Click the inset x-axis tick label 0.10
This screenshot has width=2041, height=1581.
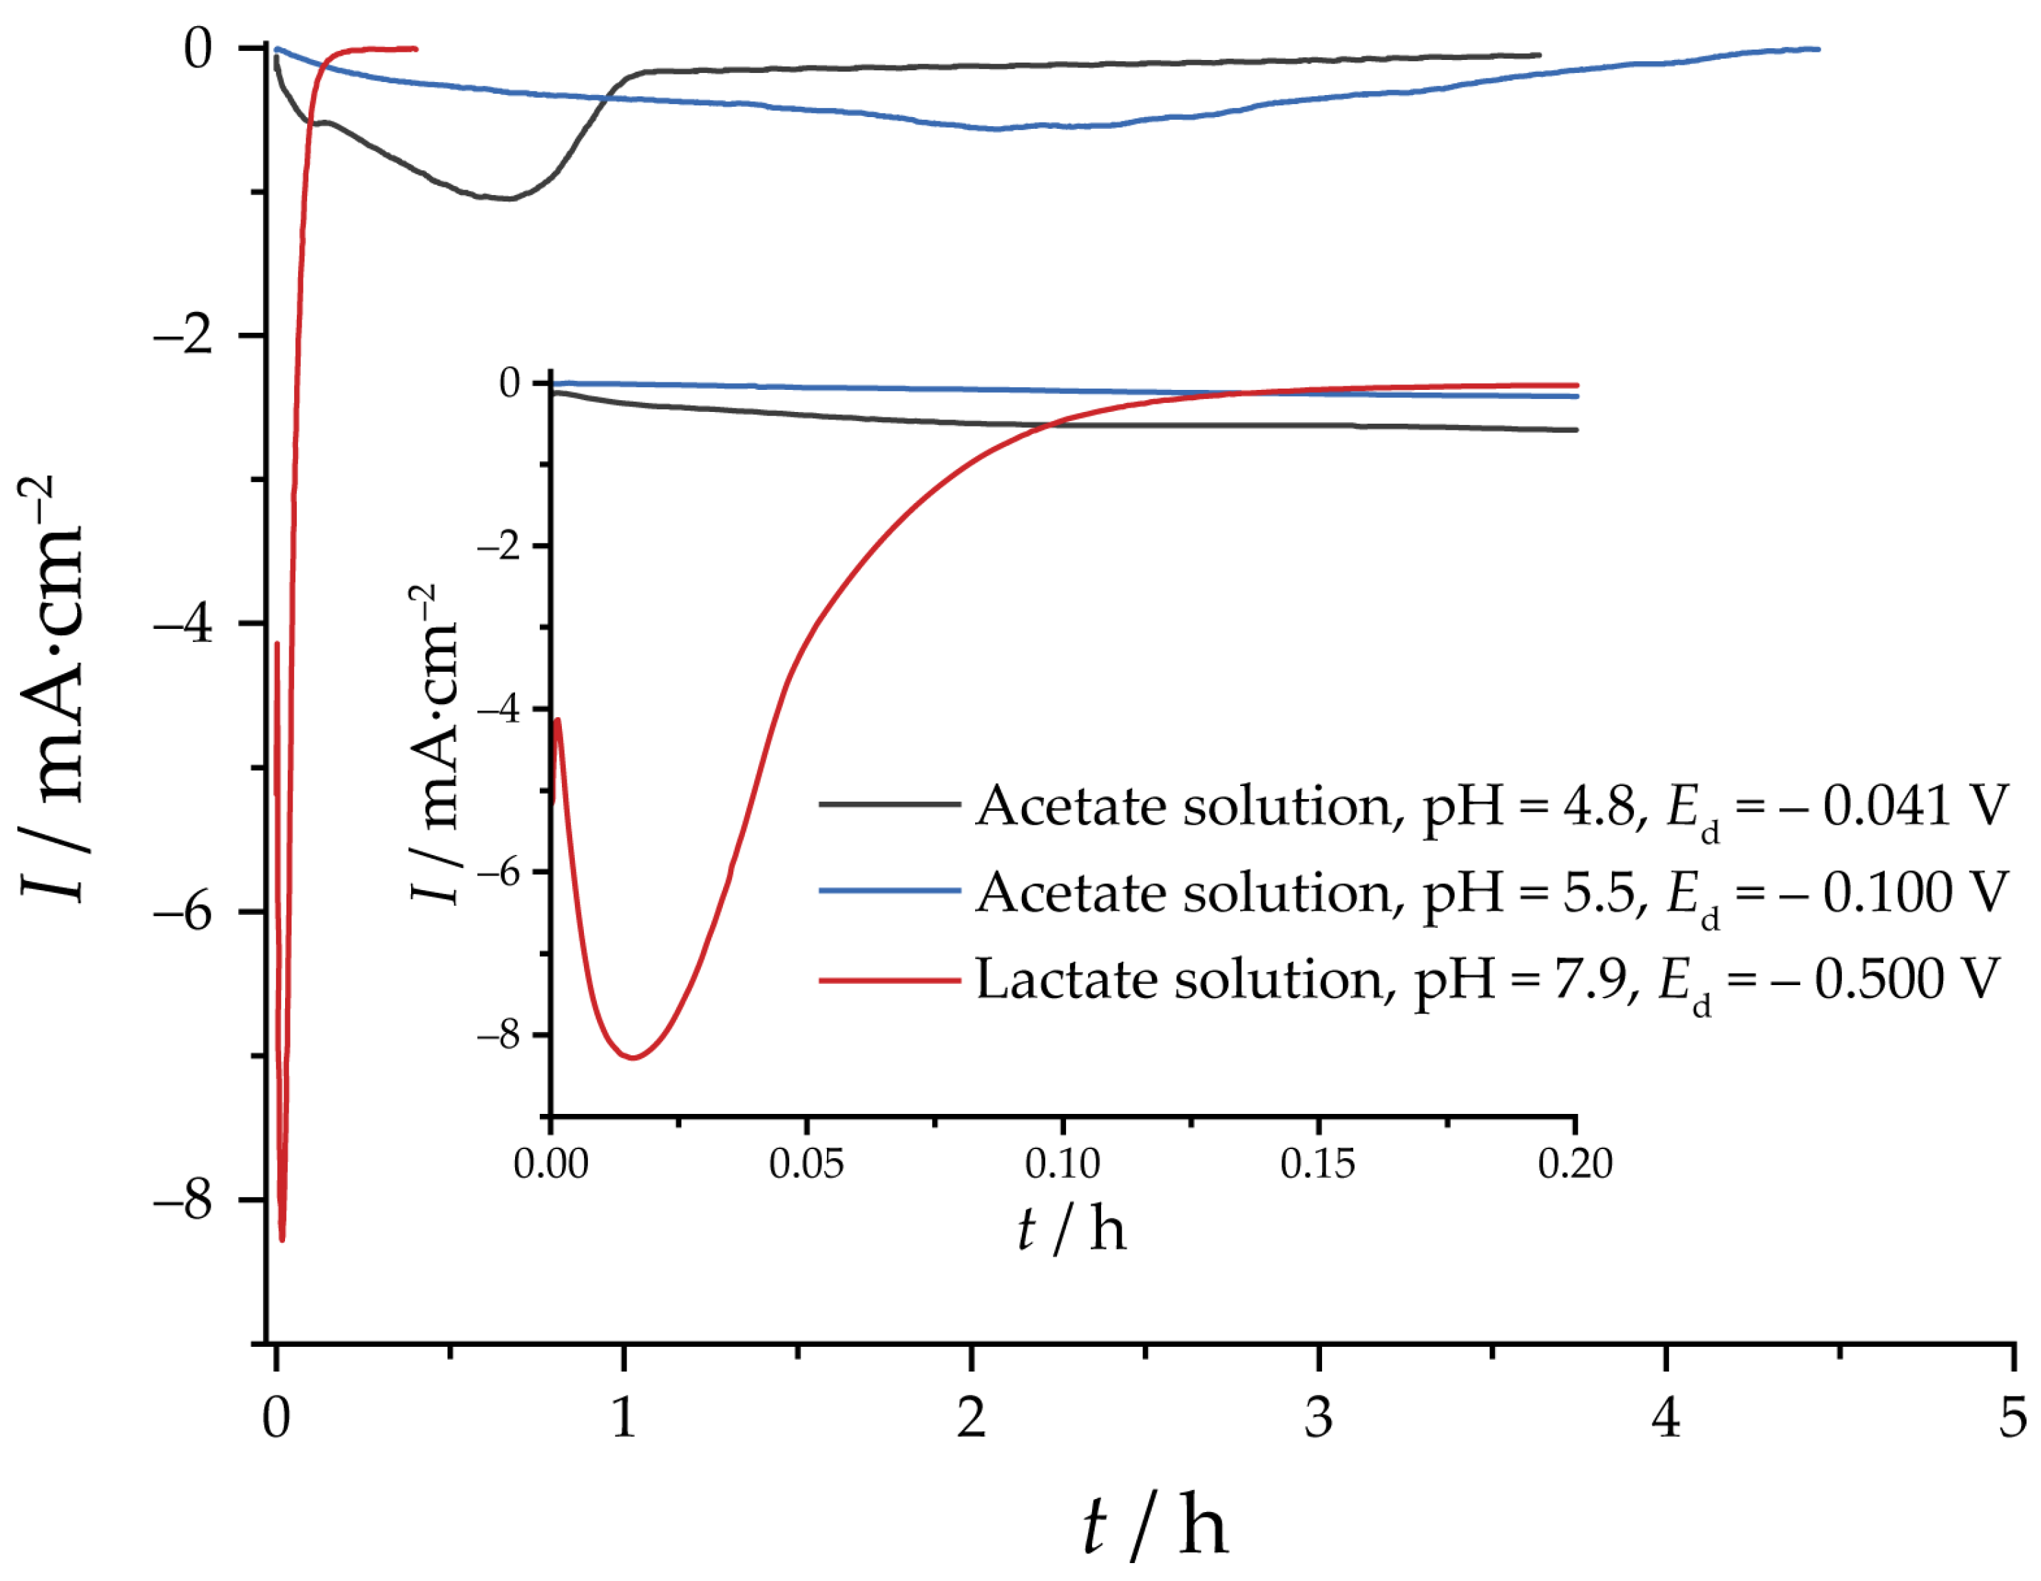tap(1063, 1164)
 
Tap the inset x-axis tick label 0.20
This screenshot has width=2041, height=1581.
tap(1576, 1164)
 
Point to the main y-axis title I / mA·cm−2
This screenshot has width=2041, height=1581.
tap(52, 689)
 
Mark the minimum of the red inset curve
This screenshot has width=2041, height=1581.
tap(634, 1057)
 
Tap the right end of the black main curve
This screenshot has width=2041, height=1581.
tap(1539, 55)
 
